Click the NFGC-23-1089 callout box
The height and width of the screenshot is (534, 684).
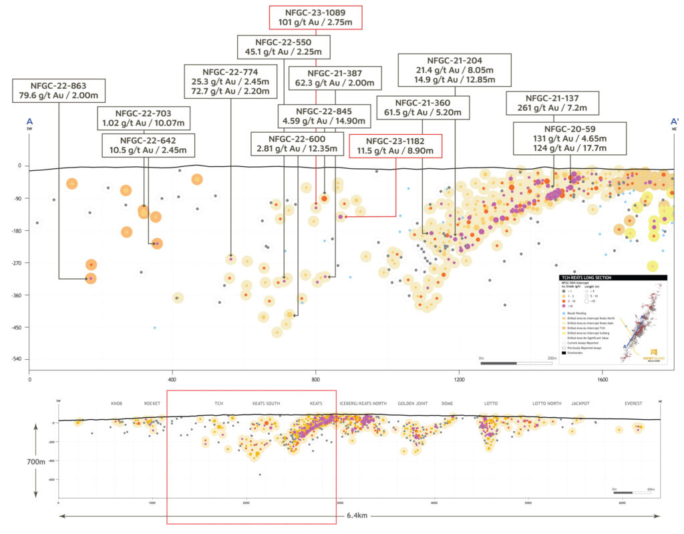pos(315,17)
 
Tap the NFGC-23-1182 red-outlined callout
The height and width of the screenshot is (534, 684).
pos(395,146)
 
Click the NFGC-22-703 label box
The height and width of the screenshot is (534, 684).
pos(144,117)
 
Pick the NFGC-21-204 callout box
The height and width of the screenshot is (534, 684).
pos(456,69)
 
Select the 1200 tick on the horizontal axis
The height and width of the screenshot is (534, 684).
pos(459,380)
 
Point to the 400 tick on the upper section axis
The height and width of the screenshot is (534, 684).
pos(172,380)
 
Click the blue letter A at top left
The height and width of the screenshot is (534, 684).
pos(29,121)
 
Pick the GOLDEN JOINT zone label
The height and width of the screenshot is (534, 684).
pos(411,404)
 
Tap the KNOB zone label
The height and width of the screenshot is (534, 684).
pos(117,404)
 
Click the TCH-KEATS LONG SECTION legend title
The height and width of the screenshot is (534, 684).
pos(586,277)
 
